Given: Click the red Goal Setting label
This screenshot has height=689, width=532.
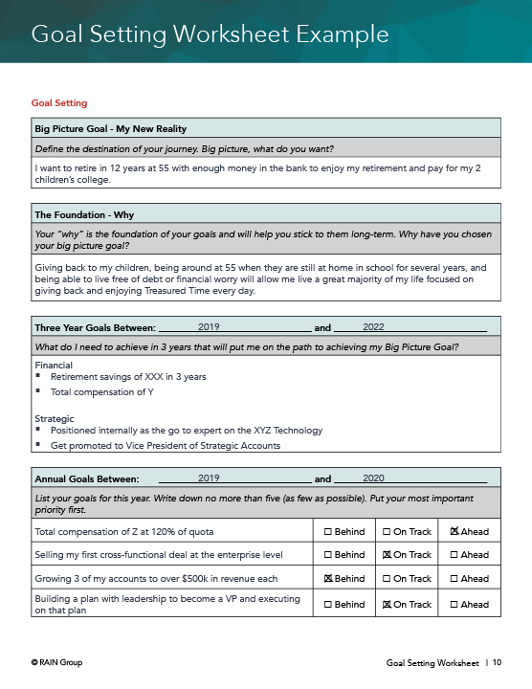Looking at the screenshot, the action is [59, 102].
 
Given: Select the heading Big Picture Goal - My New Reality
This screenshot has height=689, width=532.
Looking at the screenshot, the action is [110, 128].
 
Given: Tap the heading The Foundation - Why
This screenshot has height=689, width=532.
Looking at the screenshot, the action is [91, 214].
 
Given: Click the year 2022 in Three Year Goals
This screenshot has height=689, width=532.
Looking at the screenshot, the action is [373, 326].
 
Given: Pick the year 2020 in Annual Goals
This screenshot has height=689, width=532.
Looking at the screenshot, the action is [373, 478].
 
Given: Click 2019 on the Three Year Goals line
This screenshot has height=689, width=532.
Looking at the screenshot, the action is [209, 326].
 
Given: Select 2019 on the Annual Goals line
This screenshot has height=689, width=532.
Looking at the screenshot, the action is [209, 478].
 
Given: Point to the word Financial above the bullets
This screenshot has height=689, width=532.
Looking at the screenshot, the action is [54, 366].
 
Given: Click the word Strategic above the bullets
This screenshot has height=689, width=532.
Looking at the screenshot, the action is [54, 419].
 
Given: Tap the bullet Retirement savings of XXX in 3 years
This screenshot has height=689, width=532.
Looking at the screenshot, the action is [128, 377].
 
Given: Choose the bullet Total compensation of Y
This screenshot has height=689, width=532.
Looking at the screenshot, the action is [100, 391].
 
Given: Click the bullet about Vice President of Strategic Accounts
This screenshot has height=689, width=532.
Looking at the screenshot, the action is [166, 445].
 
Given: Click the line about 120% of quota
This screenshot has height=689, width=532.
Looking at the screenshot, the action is [123, 531].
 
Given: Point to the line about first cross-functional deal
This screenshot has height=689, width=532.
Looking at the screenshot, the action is [158, 555].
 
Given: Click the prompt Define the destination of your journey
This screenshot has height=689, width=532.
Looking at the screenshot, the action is [184, 148].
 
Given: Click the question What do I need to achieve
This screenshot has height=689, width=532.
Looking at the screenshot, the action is [246, 346].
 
